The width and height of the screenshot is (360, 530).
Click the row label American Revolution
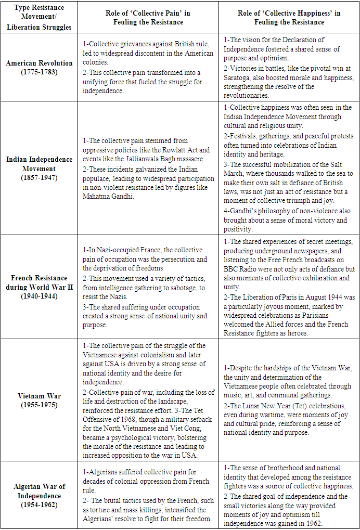(39, 63)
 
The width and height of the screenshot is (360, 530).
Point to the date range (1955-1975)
(39, 404)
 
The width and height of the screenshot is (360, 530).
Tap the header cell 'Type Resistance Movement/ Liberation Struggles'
(39, 18)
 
